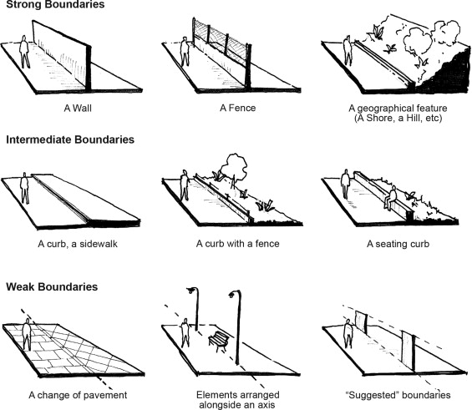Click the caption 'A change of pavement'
point(73,393)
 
